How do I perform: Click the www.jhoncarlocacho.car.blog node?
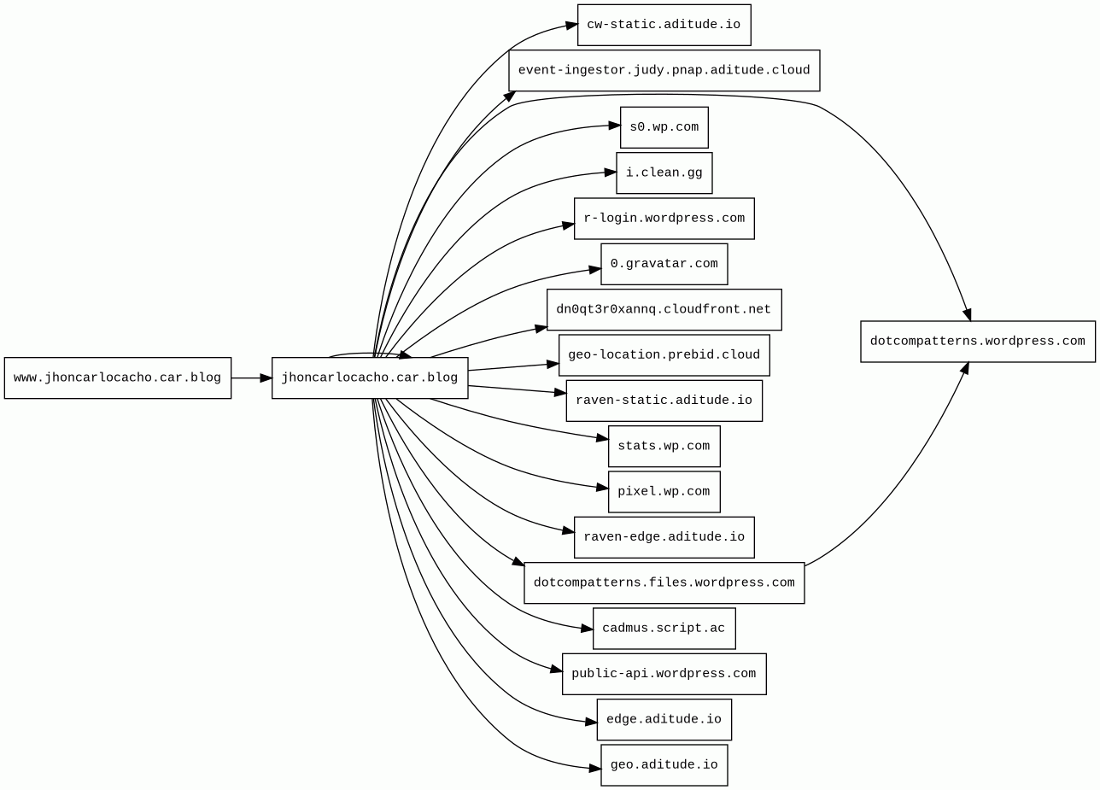pyautogui.click(x=118, y=377)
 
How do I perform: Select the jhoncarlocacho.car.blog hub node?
pyautogui.click(x=370, y=377)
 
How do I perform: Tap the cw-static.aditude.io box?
pyautogui.click(x=664, y=25)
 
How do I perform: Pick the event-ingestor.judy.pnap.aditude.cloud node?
pyautogui.click(x=664, y=70)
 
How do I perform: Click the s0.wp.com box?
pyautogui.click(x=664, y=127)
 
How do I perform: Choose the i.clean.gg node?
pyautogui.click(x=664, y=173)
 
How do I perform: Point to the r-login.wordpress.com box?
pyautogui.click(x=664, y=219)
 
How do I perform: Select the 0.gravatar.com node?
pyautogui.click(x=664, y=264)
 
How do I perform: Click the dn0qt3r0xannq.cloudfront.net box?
pyautogui.click(x=664, y=309)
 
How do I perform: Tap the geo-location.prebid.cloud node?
pyautogui.click(x=664, y=354)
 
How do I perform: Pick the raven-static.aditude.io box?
pyautogui.click(x=664, y=401)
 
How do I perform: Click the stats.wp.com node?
pyautogui.click(x=664, y=446)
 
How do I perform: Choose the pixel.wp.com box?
pyautogui.click(x=664, y=491)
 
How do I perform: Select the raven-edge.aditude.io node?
pyautogui.click(x=664, y=537)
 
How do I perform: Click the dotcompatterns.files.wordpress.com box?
pyautogui.click(x=664, y=582)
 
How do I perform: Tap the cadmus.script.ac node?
pyautogui.click(x=664, y=629)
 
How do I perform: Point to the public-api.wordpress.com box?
pyautogui.click(x=664, y=674)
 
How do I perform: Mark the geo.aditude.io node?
pyautogui.click(x=664, y=765)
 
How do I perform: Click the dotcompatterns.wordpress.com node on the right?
pyautogui.click(x=977, y=342)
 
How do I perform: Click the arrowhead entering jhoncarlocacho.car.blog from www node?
pyautogui.click(x=266, y=377)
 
